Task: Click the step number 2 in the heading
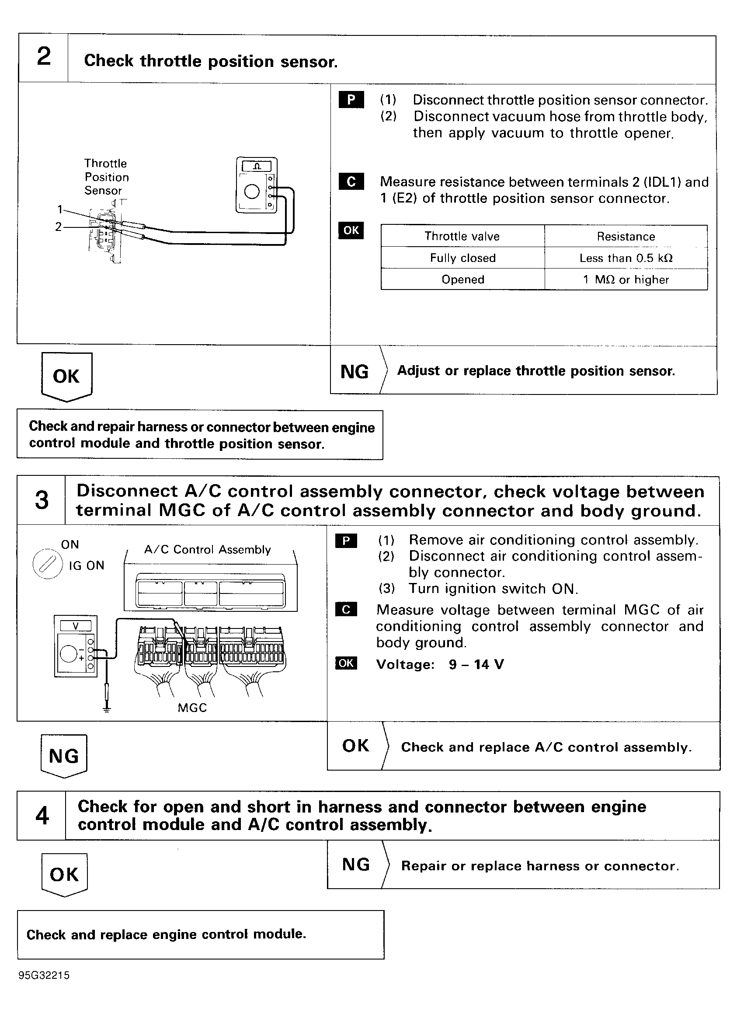[44, 57]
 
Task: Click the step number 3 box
[42, 500]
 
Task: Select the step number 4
[42, 816]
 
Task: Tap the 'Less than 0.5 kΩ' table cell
[626, 258]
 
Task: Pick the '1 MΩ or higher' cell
[626, 279]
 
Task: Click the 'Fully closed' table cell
[462, 258]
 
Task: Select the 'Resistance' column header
[626, 237]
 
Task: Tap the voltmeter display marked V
[75, 626]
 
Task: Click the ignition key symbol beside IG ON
[47, 565]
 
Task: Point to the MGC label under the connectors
[192, 708]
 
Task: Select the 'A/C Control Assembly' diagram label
[208, 550]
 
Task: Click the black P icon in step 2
[351, 100]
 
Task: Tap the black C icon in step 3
[346, 610]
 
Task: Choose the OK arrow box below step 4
[64, 875]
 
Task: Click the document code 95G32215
[44, 975]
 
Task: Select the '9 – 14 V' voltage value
[476, 664]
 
